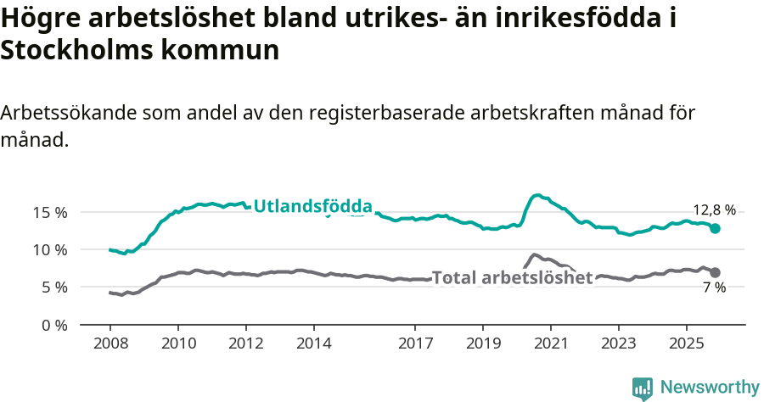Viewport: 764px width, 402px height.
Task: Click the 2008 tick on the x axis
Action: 110,345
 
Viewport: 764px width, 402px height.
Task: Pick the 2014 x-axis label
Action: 313,345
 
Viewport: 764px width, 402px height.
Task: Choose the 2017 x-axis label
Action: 415,345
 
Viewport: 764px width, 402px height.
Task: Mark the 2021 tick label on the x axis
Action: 550,345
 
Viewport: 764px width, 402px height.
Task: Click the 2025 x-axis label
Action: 686,345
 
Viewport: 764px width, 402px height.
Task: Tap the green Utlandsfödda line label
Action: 313,206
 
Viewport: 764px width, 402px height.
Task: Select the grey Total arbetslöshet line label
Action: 512,277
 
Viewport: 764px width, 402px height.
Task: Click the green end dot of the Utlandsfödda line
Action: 716,228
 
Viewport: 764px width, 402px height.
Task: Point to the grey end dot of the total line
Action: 716,272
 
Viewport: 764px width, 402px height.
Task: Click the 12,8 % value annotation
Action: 714,210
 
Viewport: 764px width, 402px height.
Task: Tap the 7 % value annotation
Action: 714,288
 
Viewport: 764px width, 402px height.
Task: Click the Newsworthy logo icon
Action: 643,388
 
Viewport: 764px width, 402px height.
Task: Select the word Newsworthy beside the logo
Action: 710,388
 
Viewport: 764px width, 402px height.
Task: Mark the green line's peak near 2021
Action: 536,195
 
